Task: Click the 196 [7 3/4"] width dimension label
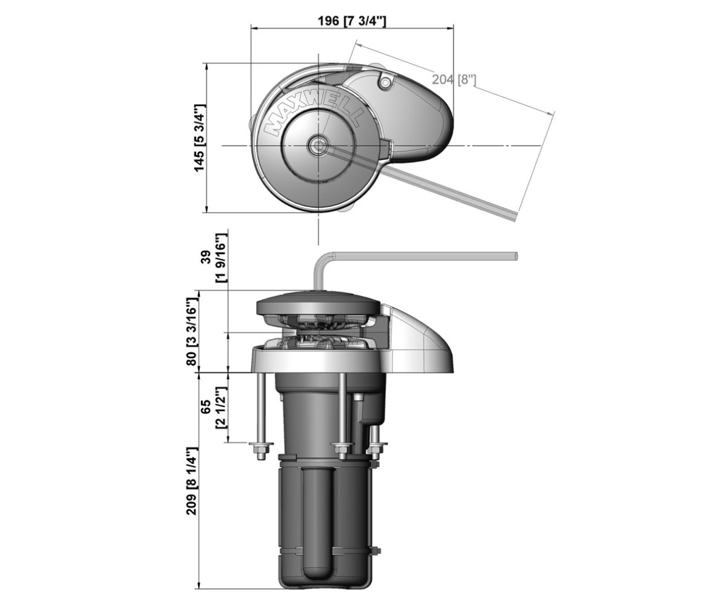tap(352, 21)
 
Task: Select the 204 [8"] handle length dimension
tap(453, 80)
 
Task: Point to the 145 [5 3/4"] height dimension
tap(199, 138)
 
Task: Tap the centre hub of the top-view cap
tap(318, 145)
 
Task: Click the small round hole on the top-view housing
tap(385, 82)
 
